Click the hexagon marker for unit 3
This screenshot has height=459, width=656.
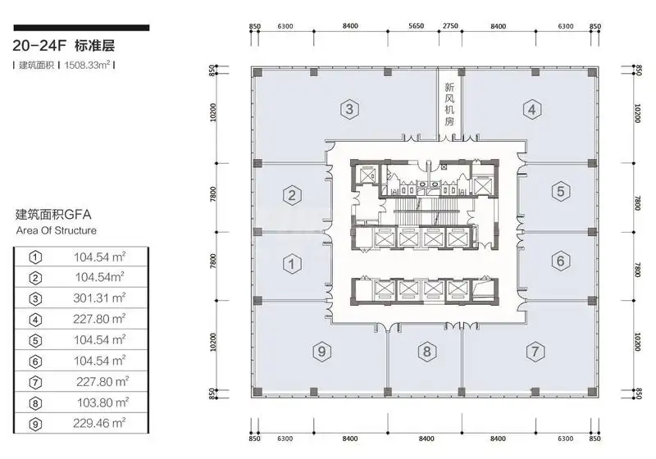point(349,110)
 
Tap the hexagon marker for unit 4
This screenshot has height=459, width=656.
point(531,110)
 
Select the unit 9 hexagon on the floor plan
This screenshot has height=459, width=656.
point(321,351)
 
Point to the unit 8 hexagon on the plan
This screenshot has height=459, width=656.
point(426,351)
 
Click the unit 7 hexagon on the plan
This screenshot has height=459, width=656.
point(535,351)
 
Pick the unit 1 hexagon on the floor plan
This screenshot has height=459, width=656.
point(292,264)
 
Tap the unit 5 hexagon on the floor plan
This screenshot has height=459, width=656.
point(561,192)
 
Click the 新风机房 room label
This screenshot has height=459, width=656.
point(449,104)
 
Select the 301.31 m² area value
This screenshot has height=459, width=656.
point(99,298)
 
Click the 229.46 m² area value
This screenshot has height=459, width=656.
point(99,424)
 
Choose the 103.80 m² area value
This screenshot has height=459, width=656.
point(103,402)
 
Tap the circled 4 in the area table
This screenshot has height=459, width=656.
point(35,320)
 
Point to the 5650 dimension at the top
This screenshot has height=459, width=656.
point(417,26)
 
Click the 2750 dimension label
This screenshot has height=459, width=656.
point(450,26)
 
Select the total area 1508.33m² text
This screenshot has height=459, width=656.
point(88,66)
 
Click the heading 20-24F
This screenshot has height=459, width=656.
point(39,46)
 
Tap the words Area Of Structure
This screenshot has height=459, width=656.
point(57,230)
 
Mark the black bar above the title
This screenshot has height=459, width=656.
point(81,28)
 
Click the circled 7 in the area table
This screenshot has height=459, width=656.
point(35,383)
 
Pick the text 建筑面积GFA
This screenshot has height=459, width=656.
point(53,215)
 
